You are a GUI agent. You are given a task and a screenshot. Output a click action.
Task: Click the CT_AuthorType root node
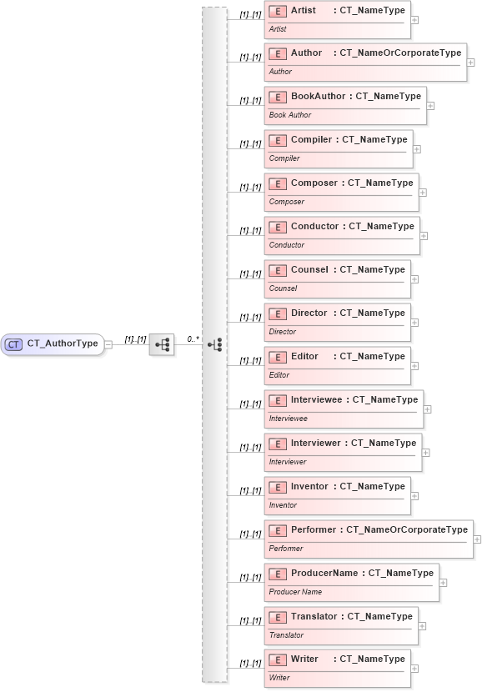53,343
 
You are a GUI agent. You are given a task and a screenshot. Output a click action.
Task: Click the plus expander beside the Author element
471,63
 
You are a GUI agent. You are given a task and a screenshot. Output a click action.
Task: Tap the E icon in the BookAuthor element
279,97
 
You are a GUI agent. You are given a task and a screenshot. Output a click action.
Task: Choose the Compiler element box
339,149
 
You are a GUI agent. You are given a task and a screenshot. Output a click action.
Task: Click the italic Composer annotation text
286,202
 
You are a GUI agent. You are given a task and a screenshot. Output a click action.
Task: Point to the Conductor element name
314,226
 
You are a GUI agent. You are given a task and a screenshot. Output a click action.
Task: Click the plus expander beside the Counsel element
415,279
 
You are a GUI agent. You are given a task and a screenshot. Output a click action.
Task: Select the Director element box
338,323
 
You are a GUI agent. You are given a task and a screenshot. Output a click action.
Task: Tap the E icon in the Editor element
279,357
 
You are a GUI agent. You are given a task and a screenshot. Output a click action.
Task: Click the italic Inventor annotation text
283,505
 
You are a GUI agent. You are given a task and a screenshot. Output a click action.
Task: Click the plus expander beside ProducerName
443,583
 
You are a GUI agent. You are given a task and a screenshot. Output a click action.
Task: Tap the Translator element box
341,625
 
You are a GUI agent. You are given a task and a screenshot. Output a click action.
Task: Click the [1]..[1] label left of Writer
250,664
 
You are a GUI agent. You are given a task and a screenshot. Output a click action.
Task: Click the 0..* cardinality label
193,339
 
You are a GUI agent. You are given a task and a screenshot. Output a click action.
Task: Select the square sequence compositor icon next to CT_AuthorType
161,343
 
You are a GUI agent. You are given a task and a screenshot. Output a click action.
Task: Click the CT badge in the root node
14,343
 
